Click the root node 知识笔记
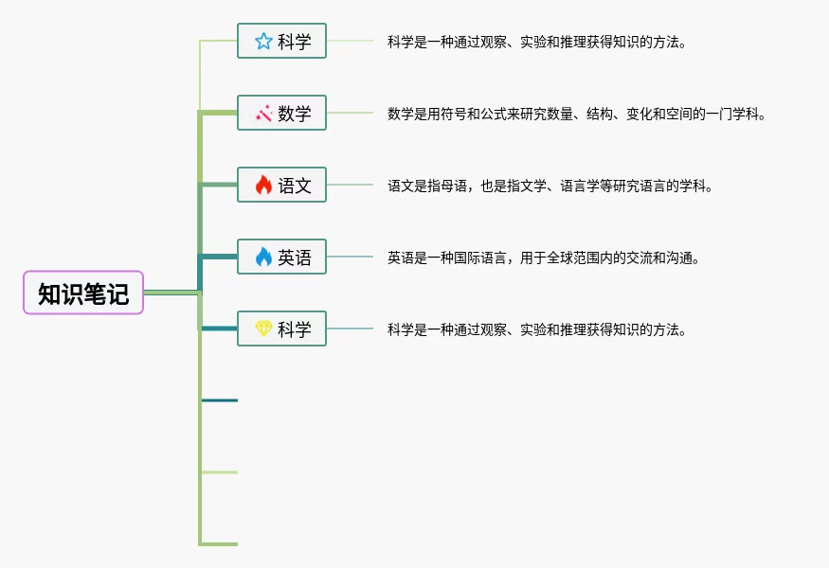coord(83,293)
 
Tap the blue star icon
coord(263,42)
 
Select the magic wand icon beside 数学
coord(263,113)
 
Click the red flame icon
coord(263,185)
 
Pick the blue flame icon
coord(263,257)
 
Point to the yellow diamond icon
coord(263,328)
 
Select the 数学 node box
coord(281,113)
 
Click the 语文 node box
coord(281,185)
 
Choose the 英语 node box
coord(281,257)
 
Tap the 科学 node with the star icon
coord(281,41)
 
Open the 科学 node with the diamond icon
coord(281,328)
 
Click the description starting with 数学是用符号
coord(577,114)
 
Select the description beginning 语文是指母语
coord(550,186)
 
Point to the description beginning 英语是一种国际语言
coord(544,257)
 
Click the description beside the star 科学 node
coord(537,42)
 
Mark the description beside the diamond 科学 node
coord(537,329)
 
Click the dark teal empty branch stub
coord(220,400)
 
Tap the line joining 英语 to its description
coord(350,257)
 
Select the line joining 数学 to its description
coord(350,113)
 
